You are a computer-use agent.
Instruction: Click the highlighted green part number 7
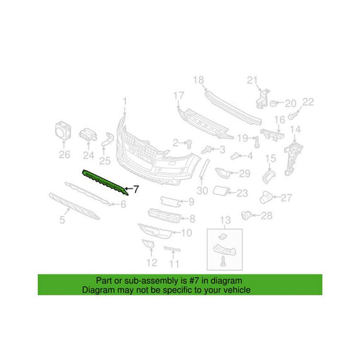(x=105, y=182)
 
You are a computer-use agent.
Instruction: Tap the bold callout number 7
(x=136, y=189)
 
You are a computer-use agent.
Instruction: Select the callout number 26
(x=65, y=155)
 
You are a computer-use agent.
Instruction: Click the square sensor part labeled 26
(x=63, y=130)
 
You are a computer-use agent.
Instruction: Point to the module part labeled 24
(x=88, y=135)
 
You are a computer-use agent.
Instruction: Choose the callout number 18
(x=198, y=80)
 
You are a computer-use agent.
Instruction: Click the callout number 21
(x=252, y=80)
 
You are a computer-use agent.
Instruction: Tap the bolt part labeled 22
(x=292, y=115)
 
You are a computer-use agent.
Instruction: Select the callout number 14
(x=295, y=129)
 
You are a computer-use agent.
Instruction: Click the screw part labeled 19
(x=257, y=142)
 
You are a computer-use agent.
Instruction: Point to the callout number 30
(x=202, y=191)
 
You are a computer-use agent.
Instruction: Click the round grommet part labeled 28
(x=247, y=215)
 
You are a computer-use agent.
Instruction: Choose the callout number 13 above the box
(x=225, y=220)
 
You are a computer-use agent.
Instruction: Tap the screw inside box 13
(x=223, y=261)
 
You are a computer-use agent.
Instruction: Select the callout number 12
(x=151, y=263)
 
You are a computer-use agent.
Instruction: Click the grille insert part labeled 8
(x=165, y=216)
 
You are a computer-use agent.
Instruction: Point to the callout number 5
(x=62, y=220)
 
